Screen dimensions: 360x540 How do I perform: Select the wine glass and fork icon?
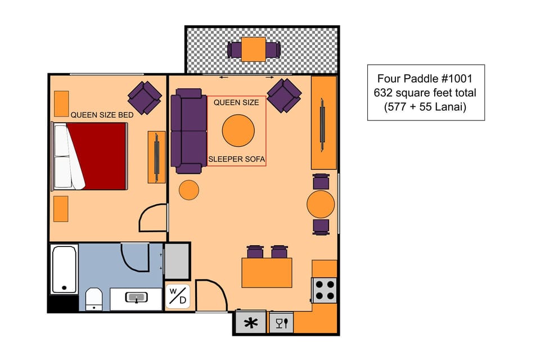[282, 323]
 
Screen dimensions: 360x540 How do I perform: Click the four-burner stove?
[325, 290]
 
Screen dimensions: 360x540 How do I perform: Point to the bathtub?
[64, 269]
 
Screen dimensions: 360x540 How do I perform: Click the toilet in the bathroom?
[93, 299]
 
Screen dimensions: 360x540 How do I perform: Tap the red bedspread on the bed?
[102, 156]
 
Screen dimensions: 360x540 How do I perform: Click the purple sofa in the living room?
[188, 130]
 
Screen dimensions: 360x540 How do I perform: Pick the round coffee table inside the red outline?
[242, 130]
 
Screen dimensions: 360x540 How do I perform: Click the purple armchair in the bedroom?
[145, 97]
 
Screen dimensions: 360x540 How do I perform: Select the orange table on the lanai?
[254, 49]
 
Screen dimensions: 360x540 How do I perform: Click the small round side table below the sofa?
[188, 190]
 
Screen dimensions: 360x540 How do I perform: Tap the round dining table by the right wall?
[321, 204]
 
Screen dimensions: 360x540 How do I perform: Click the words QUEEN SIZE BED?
[102, 115]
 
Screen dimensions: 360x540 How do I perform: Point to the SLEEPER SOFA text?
[236, 160]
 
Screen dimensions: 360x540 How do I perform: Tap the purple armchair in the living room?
[283, 95]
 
